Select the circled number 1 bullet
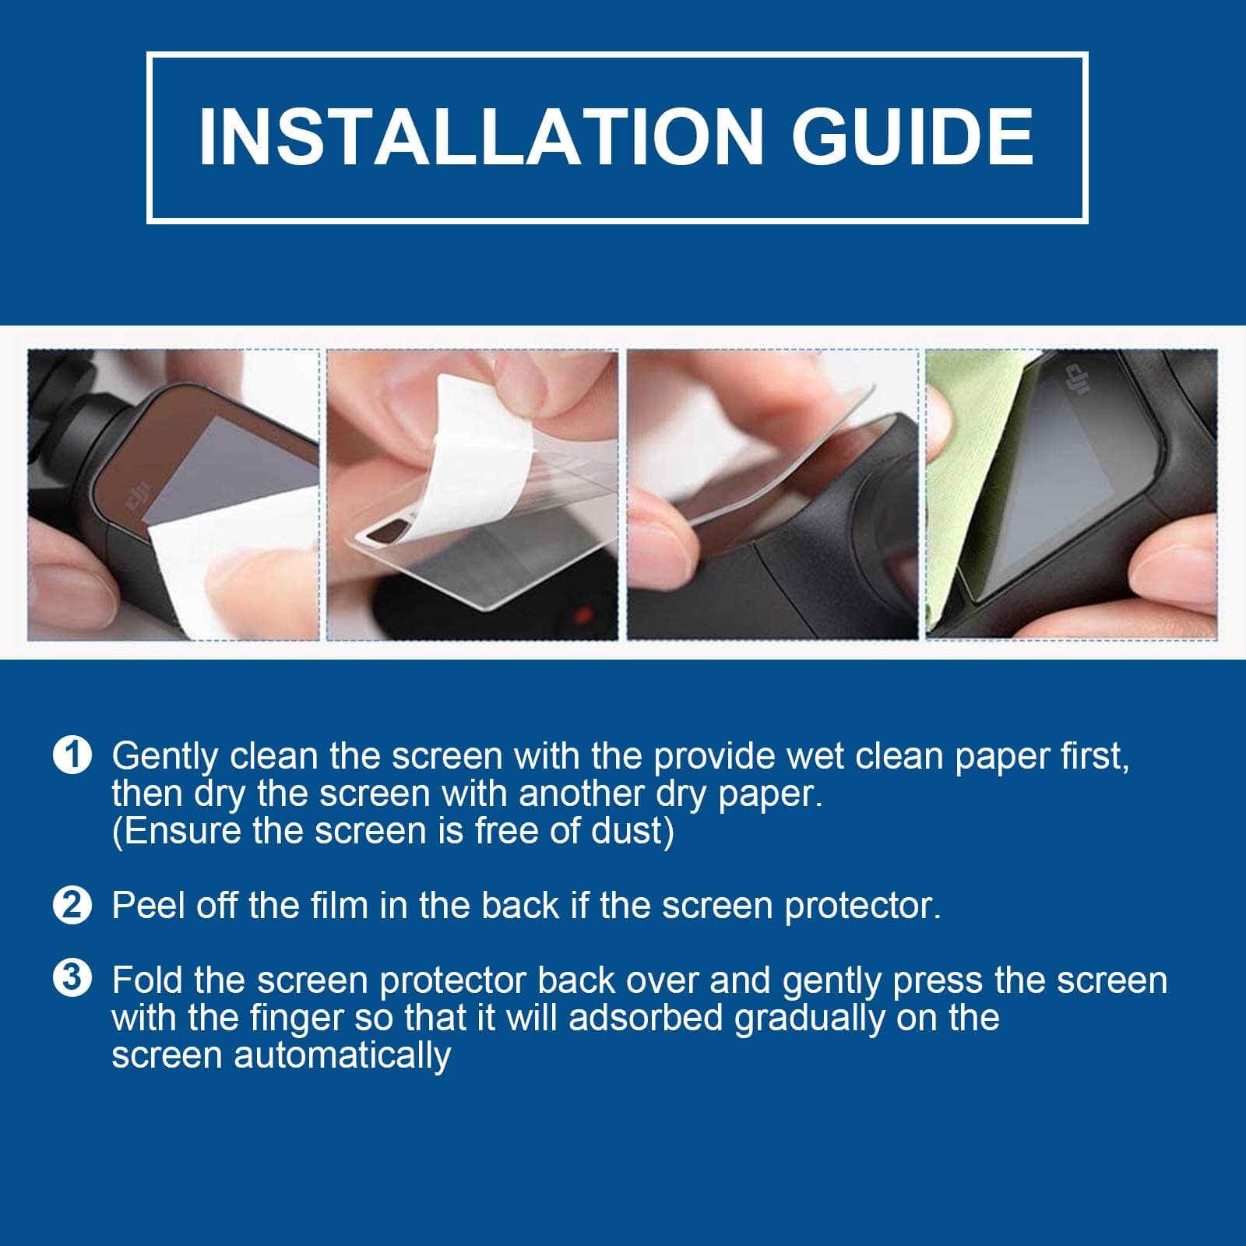[72, 755]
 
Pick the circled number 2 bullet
[72, 905]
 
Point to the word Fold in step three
[148, 980]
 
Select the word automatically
[343, 1056]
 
